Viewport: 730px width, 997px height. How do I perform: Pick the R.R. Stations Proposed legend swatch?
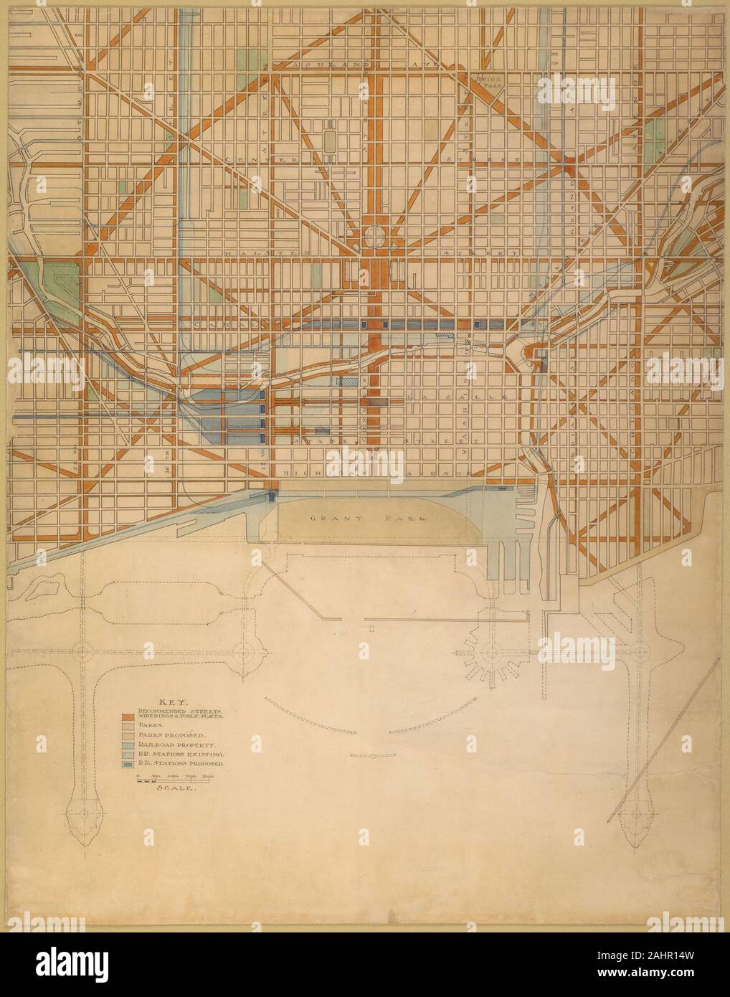[x=125, y=765]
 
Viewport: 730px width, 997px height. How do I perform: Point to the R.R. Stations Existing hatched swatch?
[x=125, y=755]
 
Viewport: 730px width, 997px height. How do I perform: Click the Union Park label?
[x=490, y=79]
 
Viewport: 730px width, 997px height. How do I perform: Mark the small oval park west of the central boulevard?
[x=329, y=141]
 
